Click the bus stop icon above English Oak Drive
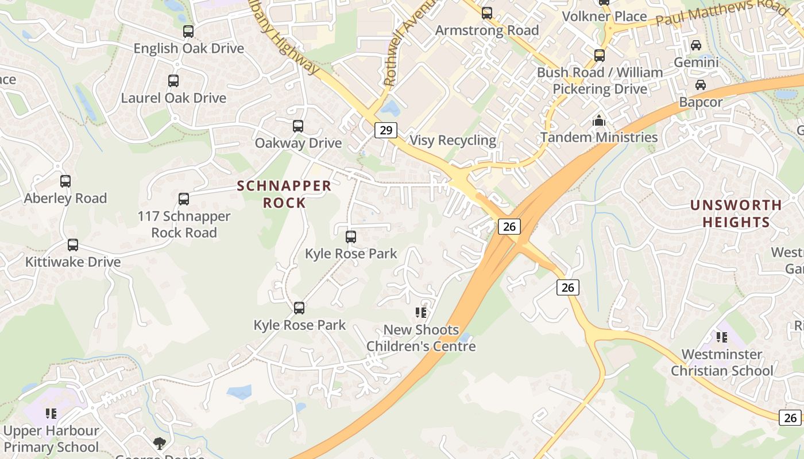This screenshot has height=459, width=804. coord(188,32)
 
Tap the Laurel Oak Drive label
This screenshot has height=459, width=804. coord(173,98)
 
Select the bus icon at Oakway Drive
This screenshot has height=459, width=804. coord(297,126)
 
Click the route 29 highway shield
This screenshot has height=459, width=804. coord(386,130)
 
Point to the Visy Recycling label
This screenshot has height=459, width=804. coord(453,140)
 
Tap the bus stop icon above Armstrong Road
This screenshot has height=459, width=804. coord(487,13)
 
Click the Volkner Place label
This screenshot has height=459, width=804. coord(604,17)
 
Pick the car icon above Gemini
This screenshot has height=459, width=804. coord(696,45)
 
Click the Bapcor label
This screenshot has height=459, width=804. coord(701,102)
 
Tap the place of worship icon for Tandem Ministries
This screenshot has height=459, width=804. coord(599,121)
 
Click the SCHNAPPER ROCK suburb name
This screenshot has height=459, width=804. coord(284,194)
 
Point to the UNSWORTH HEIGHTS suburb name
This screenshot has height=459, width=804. coord(736,213)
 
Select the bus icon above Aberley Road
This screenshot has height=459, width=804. coord(65,181)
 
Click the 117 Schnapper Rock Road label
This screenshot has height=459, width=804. coord(184,224)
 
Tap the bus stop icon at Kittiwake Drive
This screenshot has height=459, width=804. coord(73,245)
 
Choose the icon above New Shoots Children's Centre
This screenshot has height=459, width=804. coord(421,313)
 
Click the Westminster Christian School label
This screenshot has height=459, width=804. coord(722,363)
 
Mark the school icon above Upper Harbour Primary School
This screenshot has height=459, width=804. coord(51,414)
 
